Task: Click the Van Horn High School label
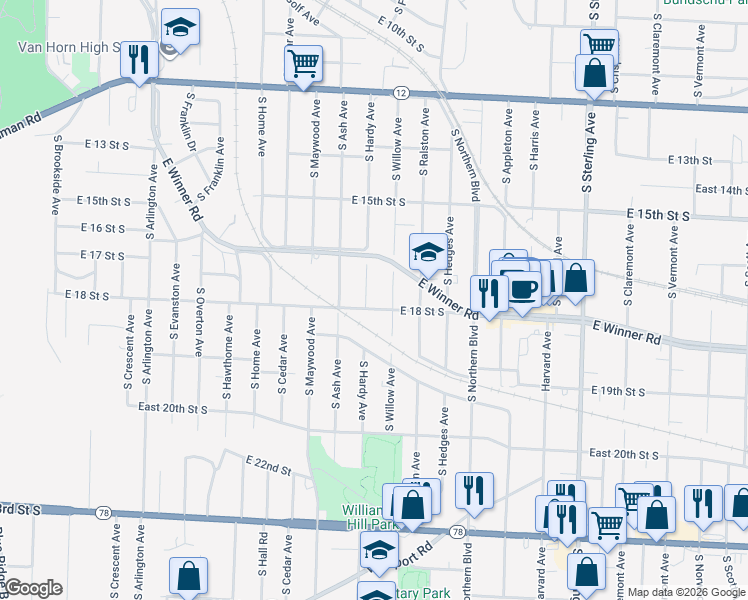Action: (68, 46)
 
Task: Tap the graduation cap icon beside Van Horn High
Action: (180, 28)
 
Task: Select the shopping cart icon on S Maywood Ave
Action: (303, 64)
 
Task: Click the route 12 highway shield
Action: (401, 92)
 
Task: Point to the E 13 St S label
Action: (107, 145)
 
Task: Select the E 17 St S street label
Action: (102, 256)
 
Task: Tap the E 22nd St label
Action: (268, 462)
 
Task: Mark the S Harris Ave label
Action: (534, 149)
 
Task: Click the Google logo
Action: (32, 588)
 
